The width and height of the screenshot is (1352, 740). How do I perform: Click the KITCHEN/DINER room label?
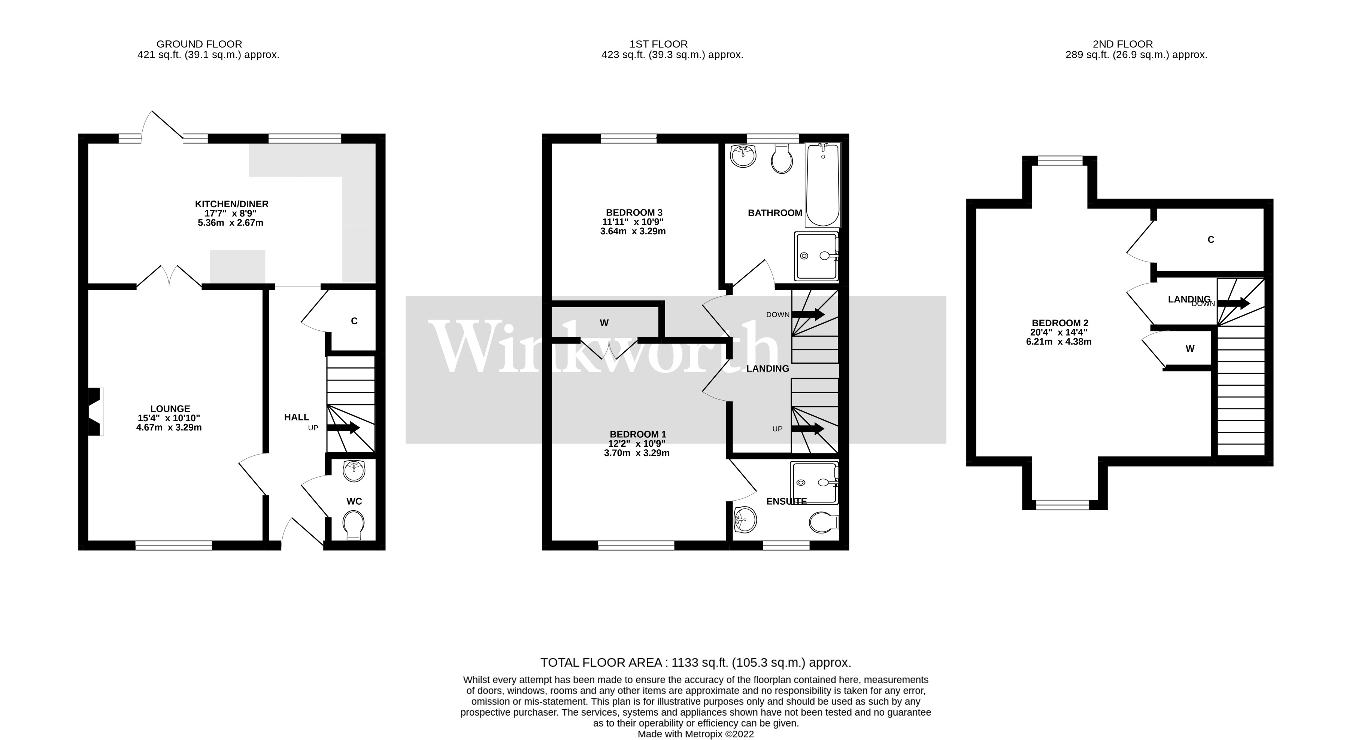[x=231, y=204]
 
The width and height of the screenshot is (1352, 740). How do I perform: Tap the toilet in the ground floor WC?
[x=353, y=525]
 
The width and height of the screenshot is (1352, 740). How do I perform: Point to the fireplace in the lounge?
[x=95, y=412]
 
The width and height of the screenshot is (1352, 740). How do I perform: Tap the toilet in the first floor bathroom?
[x=782, y=159]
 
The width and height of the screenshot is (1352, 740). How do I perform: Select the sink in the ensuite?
[x=745, y=520]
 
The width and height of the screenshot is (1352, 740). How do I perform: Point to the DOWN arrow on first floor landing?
[x=808, y=314]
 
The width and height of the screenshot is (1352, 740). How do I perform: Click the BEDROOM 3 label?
[x=634, y=212]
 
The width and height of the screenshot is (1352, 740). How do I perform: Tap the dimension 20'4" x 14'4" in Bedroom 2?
[x=1059, y=332]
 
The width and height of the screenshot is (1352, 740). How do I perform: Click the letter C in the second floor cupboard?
[x=1211, y=240]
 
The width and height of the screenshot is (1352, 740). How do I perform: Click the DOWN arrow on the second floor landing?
[x=1233, y=303]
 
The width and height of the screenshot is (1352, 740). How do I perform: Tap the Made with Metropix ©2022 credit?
[x=695, y=734]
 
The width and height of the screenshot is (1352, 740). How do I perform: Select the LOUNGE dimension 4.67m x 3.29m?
[x=169, y=428]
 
